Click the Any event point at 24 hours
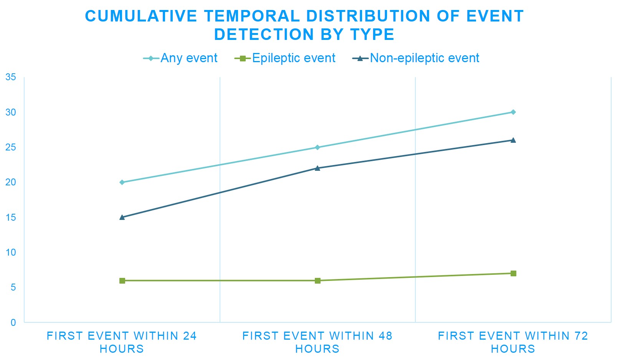tap(122, 182)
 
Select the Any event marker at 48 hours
tap(317, 147)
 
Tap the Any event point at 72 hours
tap(513, 112)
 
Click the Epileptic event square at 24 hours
tap(122, 281)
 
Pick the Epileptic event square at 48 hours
tap(317, 281)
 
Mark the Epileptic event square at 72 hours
tap(513, 273)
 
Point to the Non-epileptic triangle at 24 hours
tap(122, 217)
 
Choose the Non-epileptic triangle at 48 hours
tap(317, 168)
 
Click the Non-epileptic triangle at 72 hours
tap(513, 140)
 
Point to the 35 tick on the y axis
tap(11, 77)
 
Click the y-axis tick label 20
tap(11, 182)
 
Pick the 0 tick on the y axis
tap(13, 322)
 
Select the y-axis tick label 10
tap(11, 253)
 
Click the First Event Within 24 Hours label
tap(122, 342)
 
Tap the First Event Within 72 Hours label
tap(513, 342)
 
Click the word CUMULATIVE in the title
tap(141, 16)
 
